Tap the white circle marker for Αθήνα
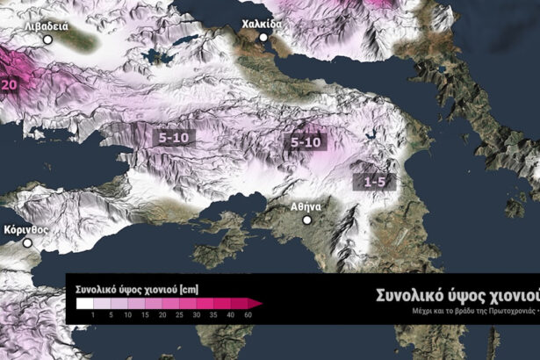click(307, 220)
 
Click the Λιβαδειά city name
click(47, 26)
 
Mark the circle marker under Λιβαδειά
click(47, 40)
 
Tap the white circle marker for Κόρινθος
click(27, 241)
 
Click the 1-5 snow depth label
click(375, 181)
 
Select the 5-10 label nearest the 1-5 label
click(306, 141)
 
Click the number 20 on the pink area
click(11, 84)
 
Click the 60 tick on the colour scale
click(248, 314)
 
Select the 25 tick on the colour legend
click(180, 314)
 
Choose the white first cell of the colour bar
click(85, 304)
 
